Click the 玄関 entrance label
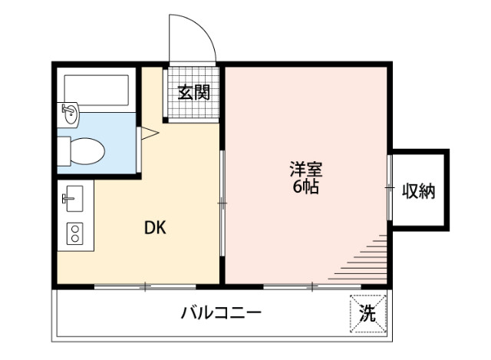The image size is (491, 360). click(x=193, y=93)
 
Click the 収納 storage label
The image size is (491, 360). click(x=419, y=191)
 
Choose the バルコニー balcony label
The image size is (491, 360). click(x=222, y=313)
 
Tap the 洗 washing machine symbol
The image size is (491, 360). click(x=368, y=313)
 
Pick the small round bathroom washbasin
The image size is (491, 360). click(x=70, y=116)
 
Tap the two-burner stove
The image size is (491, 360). click(x=74, y=233)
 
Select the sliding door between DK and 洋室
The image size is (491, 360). click(x=222, y=203)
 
